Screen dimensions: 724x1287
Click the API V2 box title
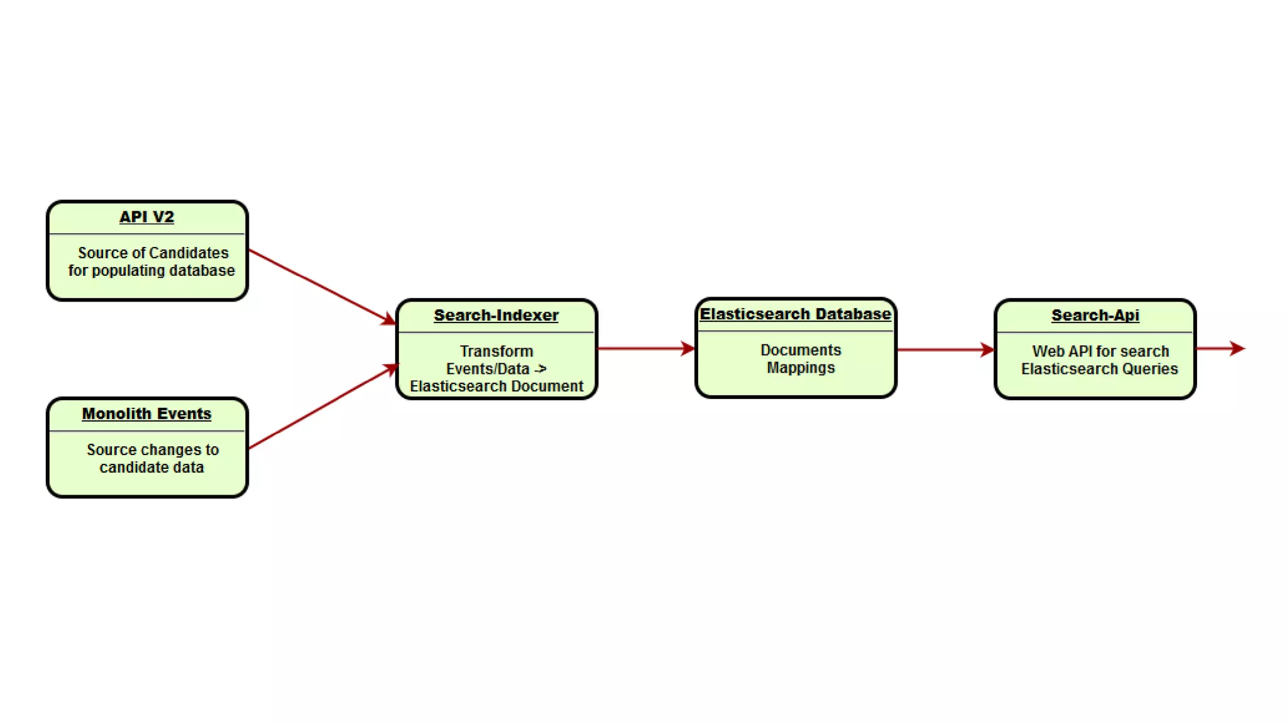(146, 217)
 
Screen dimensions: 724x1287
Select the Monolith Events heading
(146, 414)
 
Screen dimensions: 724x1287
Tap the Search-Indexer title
(496, 315)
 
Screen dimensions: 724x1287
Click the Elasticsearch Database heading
(795, 314)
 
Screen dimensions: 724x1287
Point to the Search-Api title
(1095, 315)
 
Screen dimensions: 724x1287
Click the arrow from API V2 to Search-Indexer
(321, 287)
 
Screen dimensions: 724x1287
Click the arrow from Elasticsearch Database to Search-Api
(945, 349)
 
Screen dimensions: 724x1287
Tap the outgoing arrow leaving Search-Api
(1220, 348)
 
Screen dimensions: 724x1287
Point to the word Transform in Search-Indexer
(496, 351)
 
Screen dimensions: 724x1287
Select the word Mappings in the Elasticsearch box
(801, 368)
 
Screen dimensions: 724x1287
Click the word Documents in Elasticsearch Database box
(801, 350)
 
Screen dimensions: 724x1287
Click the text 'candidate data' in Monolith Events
(151, 467)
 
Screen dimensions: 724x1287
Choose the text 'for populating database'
(151, 270)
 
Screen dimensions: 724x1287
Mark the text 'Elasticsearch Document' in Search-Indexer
(496, 386)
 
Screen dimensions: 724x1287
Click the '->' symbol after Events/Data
(540, 369)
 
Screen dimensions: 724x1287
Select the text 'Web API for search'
(1100, 351)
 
